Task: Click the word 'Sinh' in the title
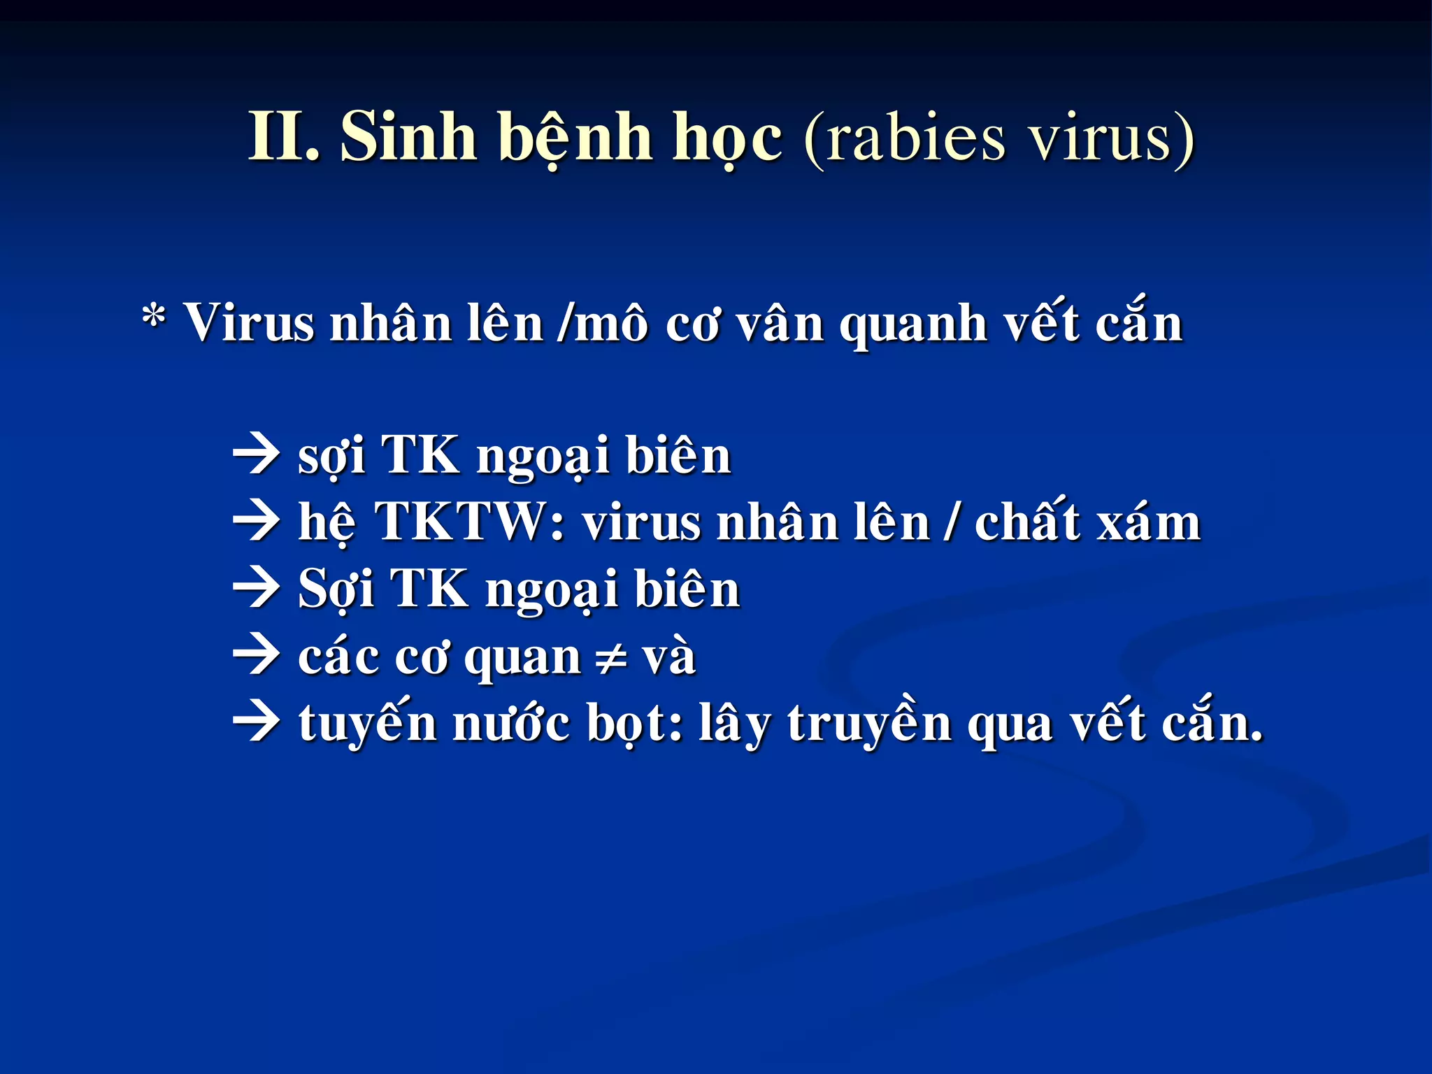pyautogui.click(x=408, y=136)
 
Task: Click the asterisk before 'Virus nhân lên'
pyautogui.click(x=154, y=319)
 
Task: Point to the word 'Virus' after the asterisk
pyautogui.click(x=248, y=324)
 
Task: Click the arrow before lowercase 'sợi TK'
pyautogui.click(x=256, y=455)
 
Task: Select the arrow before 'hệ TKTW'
pyautogui.click(x=256, y=522)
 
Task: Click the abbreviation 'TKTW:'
pyautogui.click(x=470, y=522)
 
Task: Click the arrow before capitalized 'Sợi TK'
pyautogui.click(x=256, y=589)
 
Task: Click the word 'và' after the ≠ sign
pyautogui.click(x=668, y=657)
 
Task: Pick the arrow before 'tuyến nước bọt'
pyautogui.click(x=256, y=723)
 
